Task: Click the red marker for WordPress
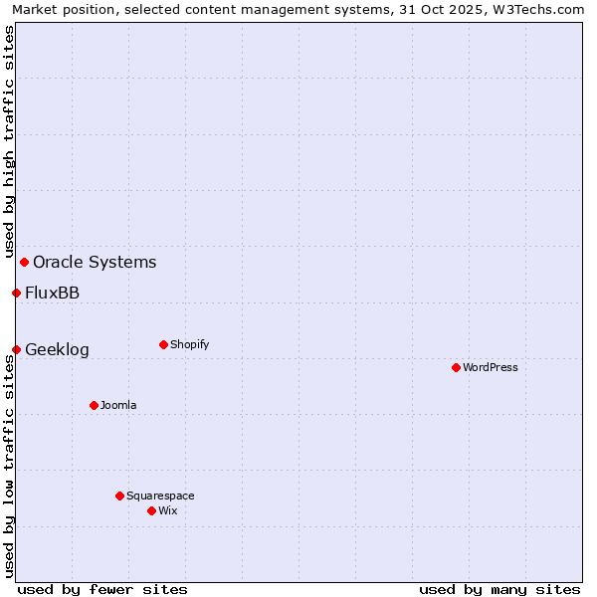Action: click(x=456, y=367)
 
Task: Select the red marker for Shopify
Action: click(x=163, y=344)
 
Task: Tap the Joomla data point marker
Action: click(x=94, y=405)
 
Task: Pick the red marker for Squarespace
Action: click(x=119, y=496)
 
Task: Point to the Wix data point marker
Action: click(x=151, y=510)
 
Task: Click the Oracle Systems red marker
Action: click(x=24, y=262)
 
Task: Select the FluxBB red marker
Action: click(x=16, y=293)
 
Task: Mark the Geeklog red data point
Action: click(x=16, y=349)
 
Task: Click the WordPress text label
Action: click(x=491, y=367)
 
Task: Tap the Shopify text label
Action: click(x=190, y=344)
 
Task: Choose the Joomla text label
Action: click(x=118, y=405)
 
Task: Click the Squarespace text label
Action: click(x=160, y=496)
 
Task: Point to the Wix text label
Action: click(x=168, y=510)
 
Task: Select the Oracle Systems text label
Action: click(x=95, y=262)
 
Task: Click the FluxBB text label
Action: click(x=53, y=293)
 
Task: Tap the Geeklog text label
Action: click(x=57, y=349)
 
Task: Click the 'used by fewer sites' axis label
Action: click(x=102, y=589)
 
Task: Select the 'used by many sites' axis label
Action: click(x=499, y=589)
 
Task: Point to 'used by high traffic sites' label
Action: click(x=9, y=142)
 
